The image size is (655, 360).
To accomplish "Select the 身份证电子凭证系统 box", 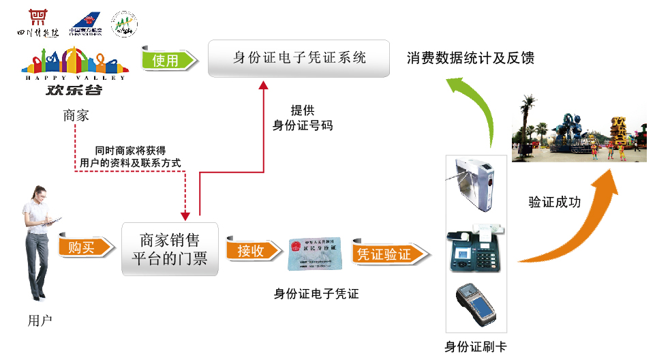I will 299,58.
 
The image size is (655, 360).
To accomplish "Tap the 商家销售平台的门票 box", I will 170,249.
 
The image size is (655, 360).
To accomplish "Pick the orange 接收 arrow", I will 252,251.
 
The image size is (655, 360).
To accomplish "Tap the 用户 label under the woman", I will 39,319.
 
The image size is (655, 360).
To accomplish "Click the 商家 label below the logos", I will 76,115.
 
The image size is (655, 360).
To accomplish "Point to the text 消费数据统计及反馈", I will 470,58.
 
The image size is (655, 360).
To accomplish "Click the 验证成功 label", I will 554,202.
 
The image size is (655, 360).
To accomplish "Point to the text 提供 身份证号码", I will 302,117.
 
